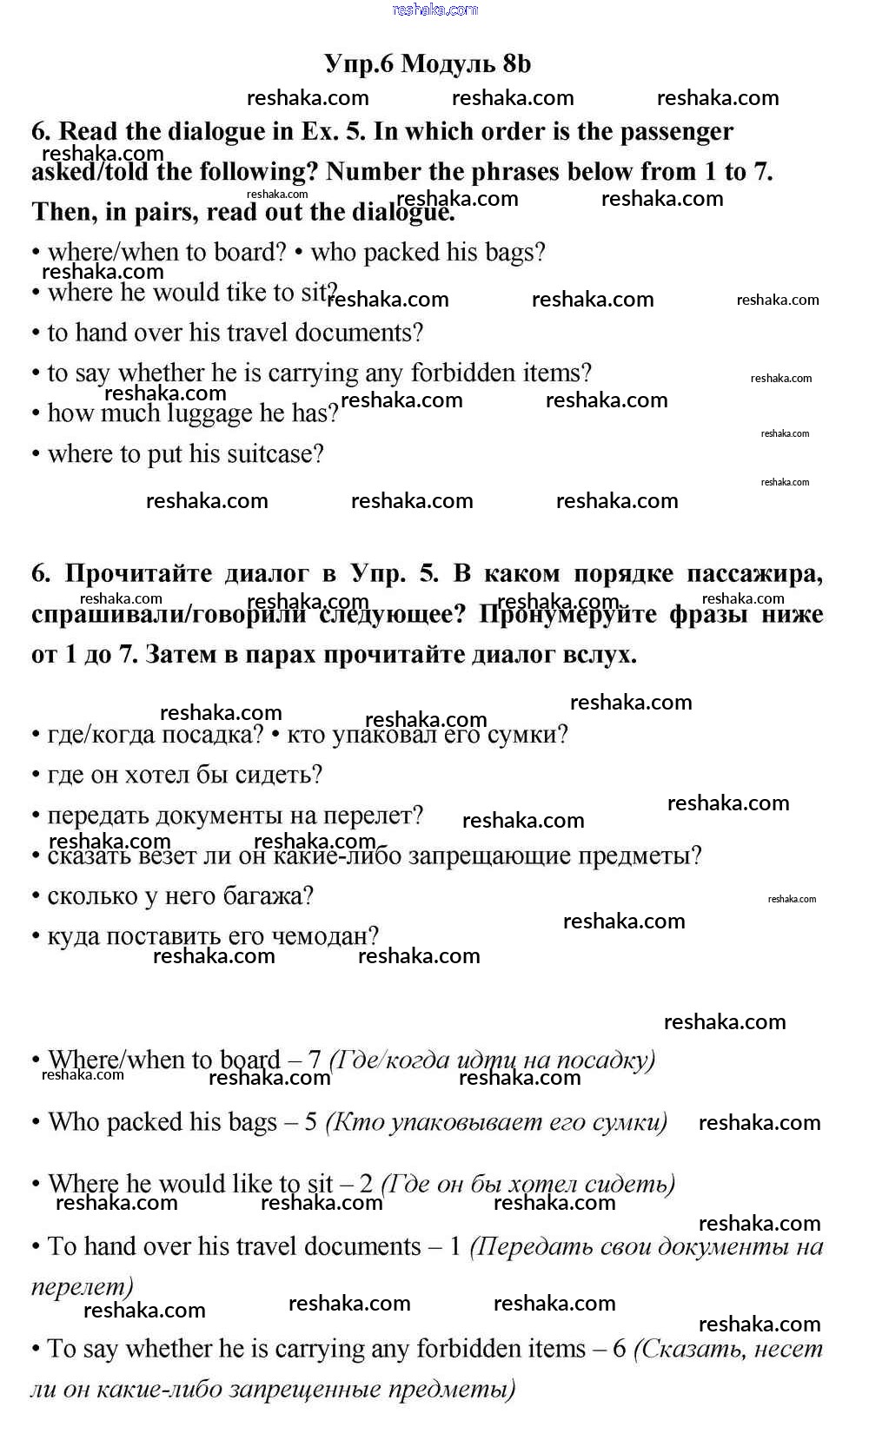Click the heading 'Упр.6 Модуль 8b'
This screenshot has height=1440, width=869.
click(x=428, y=63)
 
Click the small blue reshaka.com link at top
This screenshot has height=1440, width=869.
click(x=434, y=10)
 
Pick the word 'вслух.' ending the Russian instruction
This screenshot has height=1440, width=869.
click(x=600, y=654)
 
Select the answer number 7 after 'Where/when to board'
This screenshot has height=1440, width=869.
click(x=315, y=1060)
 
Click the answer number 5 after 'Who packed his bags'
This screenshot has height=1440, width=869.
click(x=310, y=1122)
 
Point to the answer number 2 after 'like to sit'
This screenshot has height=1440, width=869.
click(x=366, y=1184)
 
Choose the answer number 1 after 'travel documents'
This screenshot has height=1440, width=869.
click(x=454, y=1246)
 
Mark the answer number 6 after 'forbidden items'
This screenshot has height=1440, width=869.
click(x=619, y=1349)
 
